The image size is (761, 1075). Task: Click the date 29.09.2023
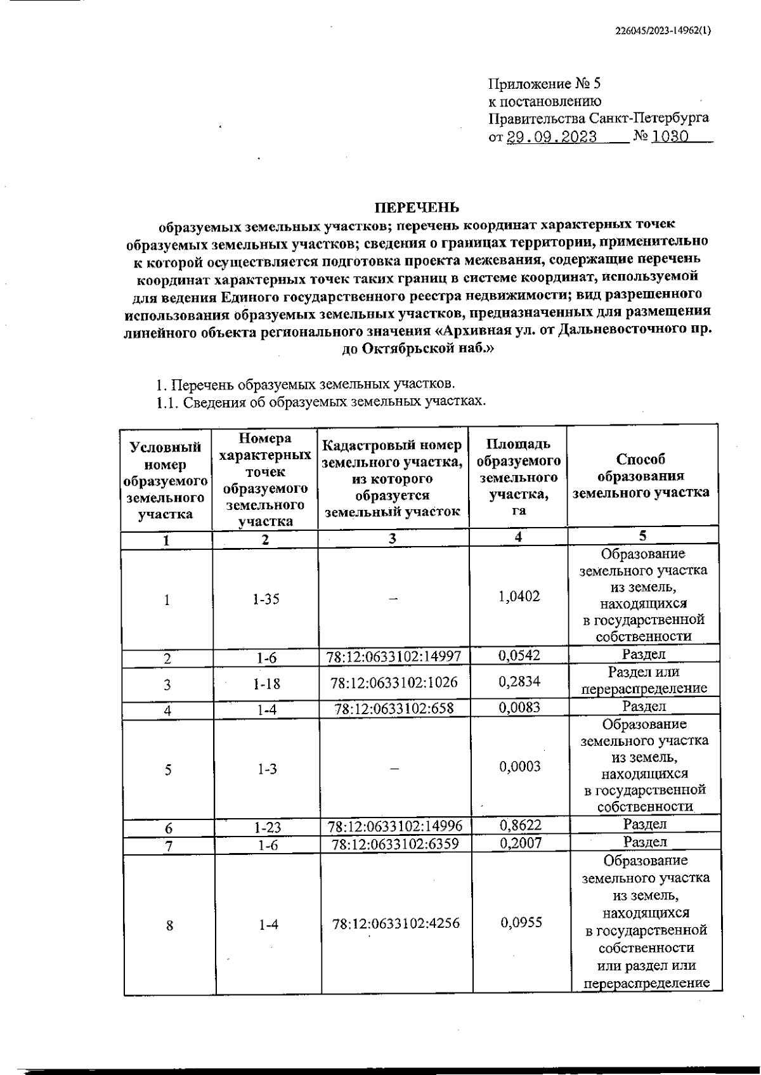point(551,137)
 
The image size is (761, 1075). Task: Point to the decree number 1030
point(670,136)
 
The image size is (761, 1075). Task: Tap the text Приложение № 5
point(543,84)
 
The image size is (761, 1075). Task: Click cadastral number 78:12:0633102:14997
point(394,656)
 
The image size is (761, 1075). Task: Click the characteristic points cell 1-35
point(265,599)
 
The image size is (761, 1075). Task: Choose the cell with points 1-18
point(266,684)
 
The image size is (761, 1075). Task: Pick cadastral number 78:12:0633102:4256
point(395,923)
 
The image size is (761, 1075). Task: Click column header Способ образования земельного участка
point(641,476)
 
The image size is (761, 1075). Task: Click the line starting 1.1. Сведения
point(321,402)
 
